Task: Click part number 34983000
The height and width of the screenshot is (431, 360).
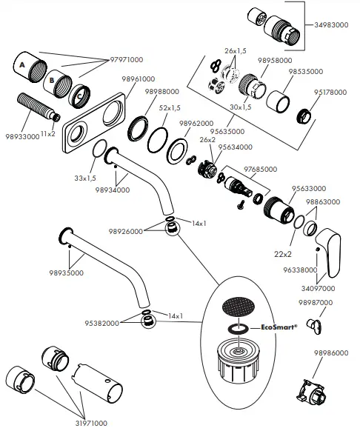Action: (331, 24)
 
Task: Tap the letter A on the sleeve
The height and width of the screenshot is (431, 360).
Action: (22, 65)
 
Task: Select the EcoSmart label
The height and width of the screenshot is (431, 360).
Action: (279, 327)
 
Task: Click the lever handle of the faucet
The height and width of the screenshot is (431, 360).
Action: (329, 252)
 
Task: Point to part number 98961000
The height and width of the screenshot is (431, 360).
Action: (139, 79)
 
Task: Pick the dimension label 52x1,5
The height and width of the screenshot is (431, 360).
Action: (170, 108)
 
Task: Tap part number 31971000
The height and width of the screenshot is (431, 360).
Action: (91, 424)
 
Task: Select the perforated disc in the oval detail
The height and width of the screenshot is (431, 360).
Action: (239, 306)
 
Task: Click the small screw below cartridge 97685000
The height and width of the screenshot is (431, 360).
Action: (241, 204)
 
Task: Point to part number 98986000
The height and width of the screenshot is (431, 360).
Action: (331, 353)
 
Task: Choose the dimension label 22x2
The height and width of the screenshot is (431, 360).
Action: (283, 254)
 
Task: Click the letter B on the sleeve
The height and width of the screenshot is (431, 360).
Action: (51, 80)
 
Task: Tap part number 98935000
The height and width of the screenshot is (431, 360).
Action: (66, 273)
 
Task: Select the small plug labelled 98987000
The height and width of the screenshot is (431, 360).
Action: (315, 327)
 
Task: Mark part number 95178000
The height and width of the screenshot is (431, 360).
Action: (330, 92)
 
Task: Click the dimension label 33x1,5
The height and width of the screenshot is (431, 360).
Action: (85, 178)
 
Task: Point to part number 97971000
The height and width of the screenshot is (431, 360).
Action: (127, 60)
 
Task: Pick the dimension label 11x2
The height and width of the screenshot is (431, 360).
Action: (48, 133)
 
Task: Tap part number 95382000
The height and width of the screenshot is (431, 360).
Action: (102, 323)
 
